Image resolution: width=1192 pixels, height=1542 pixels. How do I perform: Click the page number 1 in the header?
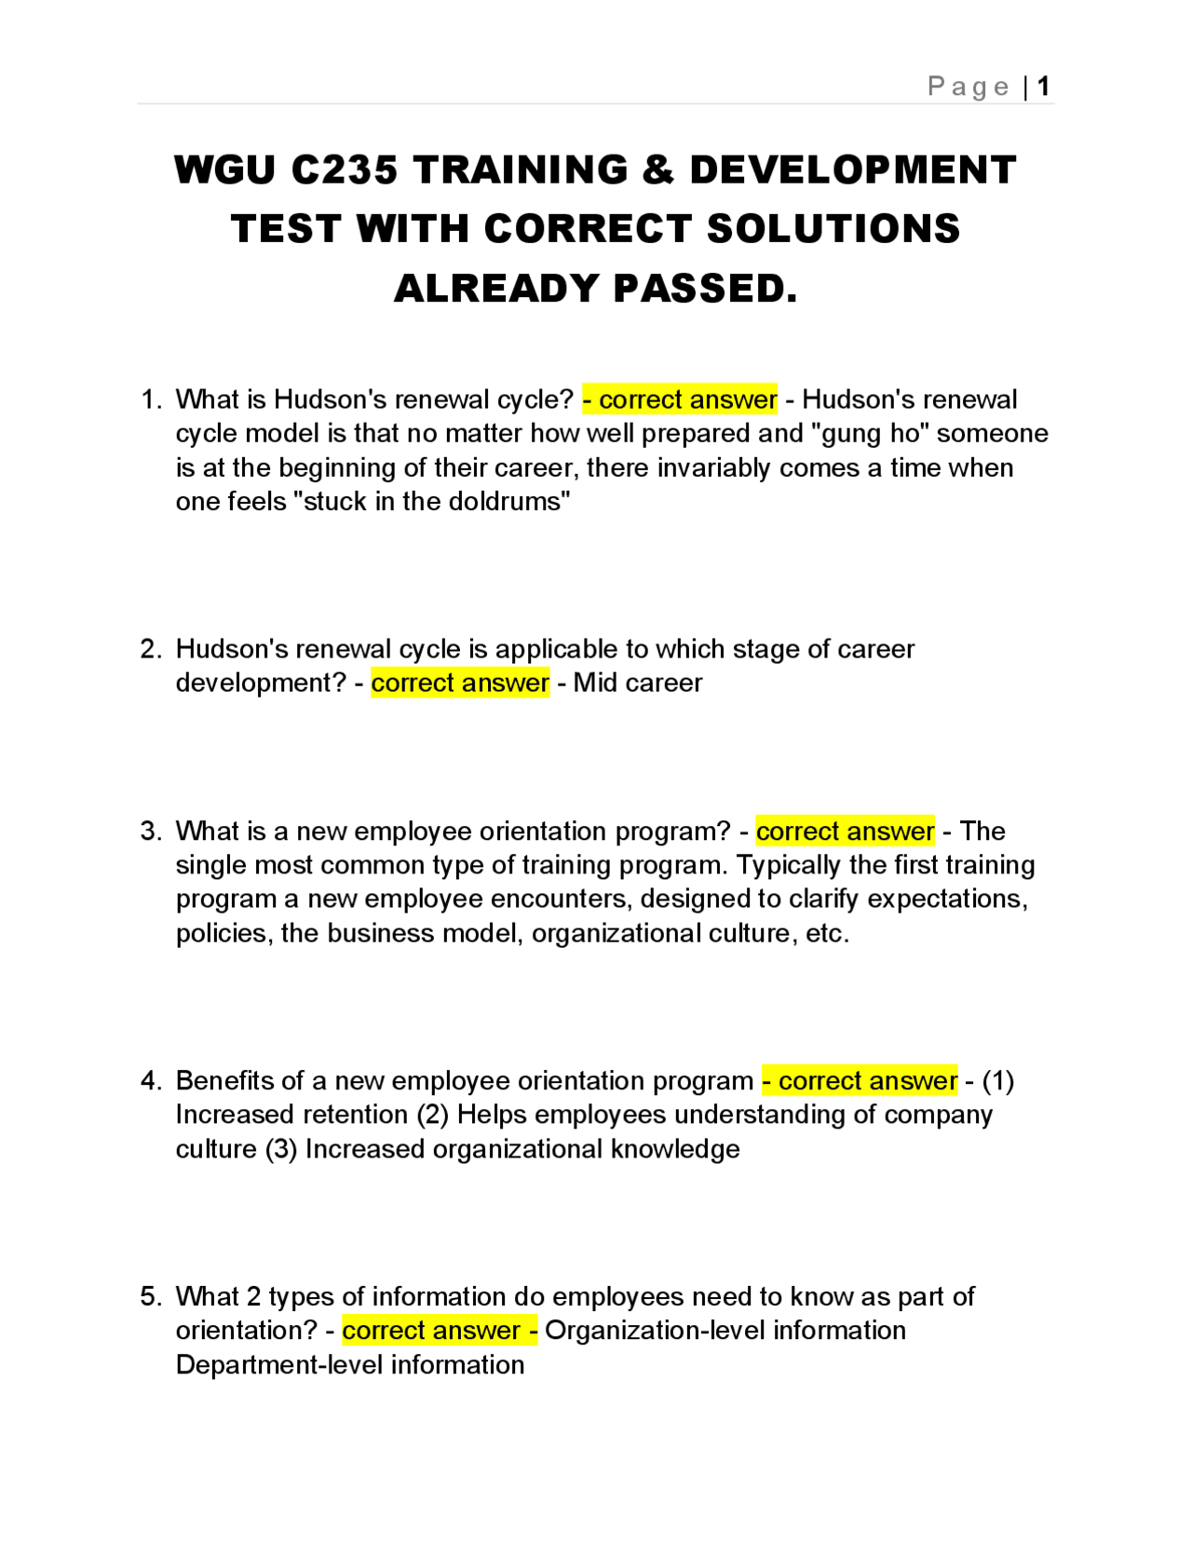point(1043,87)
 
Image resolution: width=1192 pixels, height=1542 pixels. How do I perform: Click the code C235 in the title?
point(345,170)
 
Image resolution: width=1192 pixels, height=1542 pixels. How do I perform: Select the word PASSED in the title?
point(705,289)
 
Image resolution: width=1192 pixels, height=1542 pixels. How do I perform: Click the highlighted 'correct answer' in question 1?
point(681,399)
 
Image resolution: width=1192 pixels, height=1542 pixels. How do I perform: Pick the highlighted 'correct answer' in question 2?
point(460,683)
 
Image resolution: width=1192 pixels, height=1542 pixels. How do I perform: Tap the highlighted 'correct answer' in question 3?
point(845,831)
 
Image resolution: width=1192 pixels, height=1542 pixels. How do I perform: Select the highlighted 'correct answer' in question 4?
point(860,1080)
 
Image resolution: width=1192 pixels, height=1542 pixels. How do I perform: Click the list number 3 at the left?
point(150,831)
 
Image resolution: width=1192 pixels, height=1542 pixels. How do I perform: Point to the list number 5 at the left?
point(150,1296)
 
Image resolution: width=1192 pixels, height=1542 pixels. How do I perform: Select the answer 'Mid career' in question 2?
point(638,683)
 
